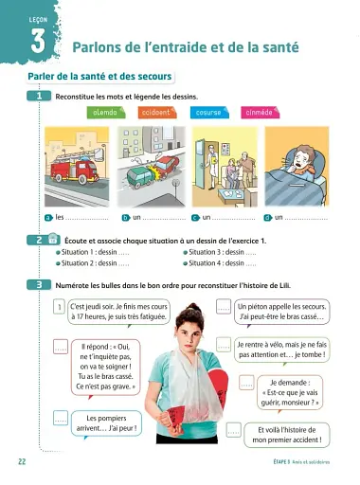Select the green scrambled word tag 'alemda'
click(104, 112)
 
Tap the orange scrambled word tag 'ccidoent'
click(155, 112)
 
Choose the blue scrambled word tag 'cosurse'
click(207, 112)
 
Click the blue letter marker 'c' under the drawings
click(194, 217)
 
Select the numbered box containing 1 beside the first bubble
click(59, 307)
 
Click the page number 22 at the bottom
click(21, 461)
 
